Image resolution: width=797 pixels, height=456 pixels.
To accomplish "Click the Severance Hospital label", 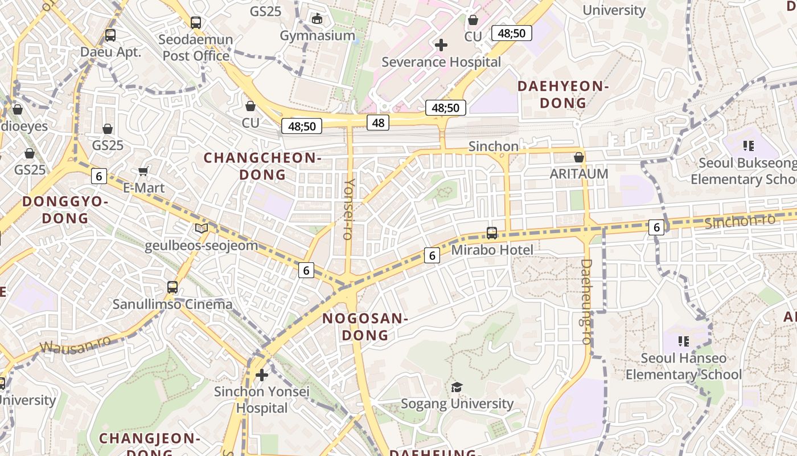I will (x=441, y=62).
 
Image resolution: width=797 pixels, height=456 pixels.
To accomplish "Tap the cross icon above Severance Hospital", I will (x=441, y=44).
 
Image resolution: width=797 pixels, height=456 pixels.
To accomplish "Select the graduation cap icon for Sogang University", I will (x=457, y=388).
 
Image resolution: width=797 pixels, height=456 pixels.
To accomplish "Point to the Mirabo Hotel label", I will (x=492, y=250).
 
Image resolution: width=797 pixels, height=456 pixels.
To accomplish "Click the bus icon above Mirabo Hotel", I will (x=492, y=233).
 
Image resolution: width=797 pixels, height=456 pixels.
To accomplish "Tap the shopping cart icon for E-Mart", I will (x=143, y=171).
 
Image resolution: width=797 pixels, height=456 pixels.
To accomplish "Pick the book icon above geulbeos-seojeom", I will (x=201, y=229).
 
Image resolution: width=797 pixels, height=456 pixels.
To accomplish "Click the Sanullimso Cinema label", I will (x=172, y=304).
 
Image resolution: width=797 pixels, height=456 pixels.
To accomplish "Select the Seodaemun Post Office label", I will (x=196, y=47).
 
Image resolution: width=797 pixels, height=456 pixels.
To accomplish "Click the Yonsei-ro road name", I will (x=350, y=209).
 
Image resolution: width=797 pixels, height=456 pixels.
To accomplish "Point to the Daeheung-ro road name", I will (x=586, y=302).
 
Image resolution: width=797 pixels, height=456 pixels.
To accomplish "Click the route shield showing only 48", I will (x=379, y=122).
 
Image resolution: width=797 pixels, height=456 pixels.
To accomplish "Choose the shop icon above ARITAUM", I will (x=579, y=157).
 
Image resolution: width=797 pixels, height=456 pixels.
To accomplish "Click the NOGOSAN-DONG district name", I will (x=365, y=327).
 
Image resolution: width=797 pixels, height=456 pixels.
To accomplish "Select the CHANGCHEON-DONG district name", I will (x=262, y=166).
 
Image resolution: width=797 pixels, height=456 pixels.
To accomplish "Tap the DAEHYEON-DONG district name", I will (x=563, y=95).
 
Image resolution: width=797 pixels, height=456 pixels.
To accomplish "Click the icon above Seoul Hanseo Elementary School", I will (x=684, y=341).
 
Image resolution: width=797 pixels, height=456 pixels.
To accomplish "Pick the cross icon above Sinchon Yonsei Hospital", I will (x=262, y=375).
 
